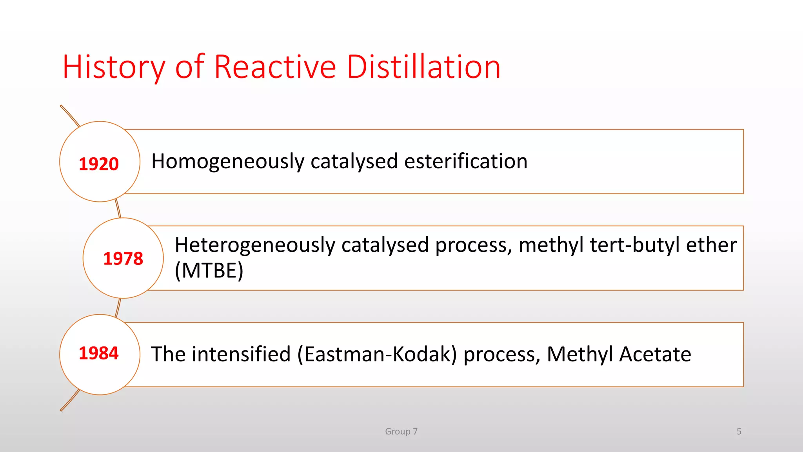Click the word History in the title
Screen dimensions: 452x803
point(114,67)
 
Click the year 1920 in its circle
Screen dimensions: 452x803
point(99,164)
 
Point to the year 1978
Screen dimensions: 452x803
point(123,259)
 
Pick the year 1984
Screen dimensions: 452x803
point(99,353)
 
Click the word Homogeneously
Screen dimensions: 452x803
point(228,162)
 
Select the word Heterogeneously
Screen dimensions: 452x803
point(255,245)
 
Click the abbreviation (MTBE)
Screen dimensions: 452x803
point(209,271)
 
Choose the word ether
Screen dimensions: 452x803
point(711,245)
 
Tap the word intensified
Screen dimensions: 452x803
point(241,354)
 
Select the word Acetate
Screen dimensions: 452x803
point(655,354)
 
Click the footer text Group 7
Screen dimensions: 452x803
point(401,432)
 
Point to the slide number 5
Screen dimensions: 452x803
point(739,432)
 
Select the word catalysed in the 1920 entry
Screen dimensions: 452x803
point(354,162)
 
